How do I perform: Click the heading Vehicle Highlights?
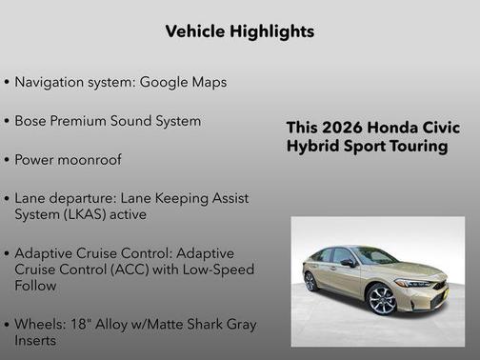(239, 31)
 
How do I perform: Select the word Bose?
(34, 121)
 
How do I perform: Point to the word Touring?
(416, 147)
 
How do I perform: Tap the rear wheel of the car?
(310, 282)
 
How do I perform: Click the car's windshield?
(374, 255)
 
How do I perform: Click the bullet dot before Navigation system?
(8, 83)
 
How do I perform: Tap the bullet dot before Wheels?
(8, 325)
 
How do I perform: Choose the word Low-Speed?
(216, 270)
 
